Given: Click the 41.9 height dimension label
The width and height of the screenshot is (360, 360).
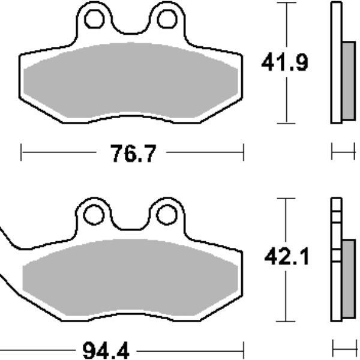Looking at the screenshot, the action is click(284, 62).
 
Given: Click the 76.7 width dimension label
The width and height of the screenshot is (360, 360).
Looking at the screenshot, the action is click(133, 154).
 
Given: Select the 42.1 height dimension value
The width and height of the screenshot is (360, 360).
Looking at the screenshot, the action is click(287, 257).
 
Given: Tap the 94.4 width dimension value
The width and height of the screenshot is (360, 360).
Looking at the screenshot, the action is click(106, 350).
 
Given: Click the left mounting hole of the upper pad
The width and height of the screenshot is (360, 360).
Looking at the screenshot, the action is click(95, 19).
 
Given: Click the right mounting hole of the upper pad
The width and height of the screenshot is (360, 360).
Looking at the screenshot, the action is click(167, 19).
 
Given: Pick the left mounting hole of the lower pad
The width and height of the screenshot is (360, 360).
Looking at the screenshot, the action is click(94, 215).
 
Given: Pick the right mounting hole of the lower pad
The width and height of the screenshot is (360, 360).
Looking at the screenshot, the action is click(167, 215).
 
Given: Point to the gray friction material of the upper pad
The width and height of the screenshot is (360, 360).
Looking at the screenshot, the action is click(130, 80).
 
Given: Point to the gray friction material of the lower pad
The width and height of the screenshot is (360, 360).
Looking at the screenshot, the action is click(130, 277).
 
